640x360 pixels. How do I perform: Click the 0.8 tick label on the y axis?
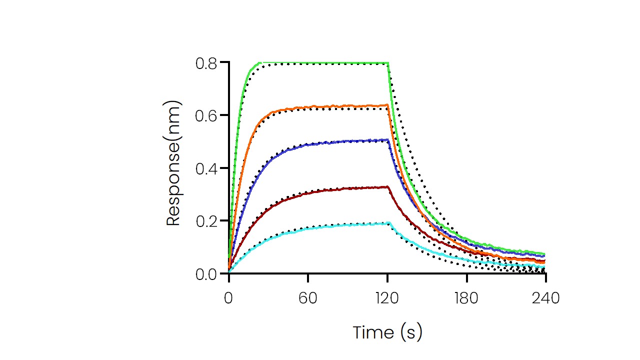[x=206, y=63]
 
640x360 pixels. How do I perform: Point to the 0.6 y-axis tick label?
[x=206, y=115]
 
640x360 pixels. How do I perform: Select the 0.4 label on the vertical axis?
[x=206, y=168]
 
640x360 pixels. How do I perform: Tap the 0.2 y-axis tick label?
[x=206, y=221]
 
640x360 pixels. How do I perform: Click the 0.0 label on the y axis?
[x=206, y=274]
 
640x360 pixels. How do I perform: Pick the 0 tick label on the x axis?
[x=228, y=299]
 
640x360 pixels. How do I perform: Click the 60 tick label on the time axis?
[x=308, y=299]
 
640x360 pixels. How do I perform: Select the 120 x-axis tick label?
[x=387, y=299]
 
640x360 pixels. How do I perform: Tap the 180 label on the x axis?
[x=466, y=299]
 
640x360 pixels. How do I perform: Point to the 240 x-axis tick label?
[x=545, y=299]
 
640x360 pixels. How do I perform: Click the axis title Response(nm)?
[x=173, y=164]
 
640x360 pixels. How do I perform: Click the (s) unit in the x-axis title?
[x=411, y=332]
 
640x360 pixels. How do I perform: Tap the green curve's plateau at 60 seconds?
[x=308, y=63]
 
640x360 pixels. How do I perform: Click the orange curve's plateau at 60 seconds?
[x=308, y=106]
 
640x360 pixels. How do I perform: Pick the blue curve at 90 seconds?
[x=347, y=141]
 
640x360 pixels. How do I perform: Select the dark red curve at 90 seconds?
[x=347, y=188]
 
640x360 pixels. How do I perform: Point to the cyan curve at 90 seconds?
[x=347, y=225]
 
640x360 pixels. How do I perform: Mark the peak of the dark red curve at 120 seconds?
[x=387, y=186]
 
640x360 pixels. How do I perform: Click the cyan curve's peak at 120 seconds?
[x=388, y=223]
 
